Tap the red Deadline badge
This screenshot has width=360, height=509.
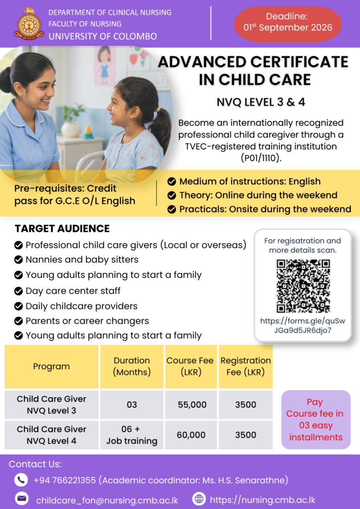pyautogui.click(x=287, y=24)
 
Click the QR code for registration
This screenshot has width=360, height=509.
pyautogui.click(x=303, y=286)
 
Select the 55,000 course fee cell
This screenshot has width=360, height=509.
pyautogui.click(x=192, y=405)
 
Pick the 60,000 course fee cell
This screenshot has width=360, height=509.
pyautogui.click(x=191, y=434)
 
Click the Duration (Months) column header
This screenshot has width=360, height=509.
pyautogui.click(x=132, y=366)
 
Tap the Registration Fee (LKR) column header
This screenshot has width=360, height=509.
pyautogui.click(x=246, y=366)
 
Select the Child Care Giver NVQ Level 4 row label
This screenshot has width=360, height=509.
pyautogui.click(x=51, y=435)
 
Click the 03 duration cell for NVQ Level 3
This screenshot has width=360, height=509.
pyautogui.click(x=132, y=405)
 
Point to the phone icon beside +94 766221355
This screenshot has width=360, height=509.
pyautogui.click(x=21, y=480)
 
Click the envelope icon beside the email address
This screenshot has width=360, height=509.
pyautogui.click(x=22, y=499)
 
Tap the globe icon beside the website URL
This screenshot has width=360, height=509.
pyautogui.click(x=199, y=499)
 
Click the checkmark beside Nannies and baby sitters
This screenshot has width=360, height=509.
pyautogui.click(x=18, y=259)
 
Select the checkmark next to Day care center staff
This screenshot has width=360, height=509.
pyautogui.click(x=18, y=291)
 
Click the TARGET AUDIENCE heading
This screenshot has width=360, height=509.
pyautogui.click(x=62, y=229)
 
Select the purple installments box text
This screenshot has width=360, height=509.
pyautogui.click(x=316, y=420)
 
